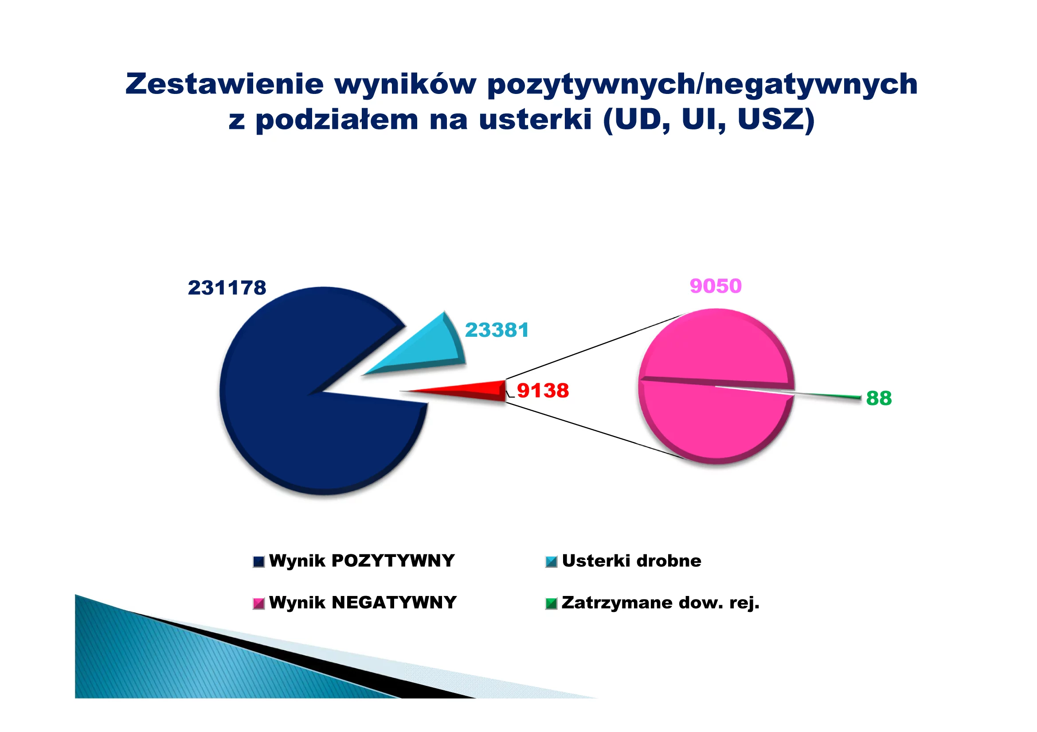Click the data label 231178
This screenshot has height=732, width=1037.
227,288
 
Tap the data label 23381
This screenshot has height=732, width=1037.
497,330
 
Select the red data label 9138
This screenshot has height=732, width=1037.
543,390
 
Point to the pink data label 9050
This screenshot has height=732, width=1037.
716,286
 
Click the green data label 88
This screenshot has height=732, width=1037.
879,398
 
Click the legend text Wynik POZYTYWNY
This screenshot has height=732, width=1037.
362,561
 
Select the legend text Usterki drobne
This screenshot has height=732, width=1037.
631,561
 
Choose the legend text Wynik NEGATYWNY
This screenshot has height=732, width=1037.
363,603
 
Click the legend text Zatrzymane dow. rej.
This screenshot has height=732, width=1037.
661,603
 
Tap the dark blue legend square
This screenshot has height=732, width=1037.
259,561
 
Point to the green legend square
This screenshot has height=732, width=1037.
552,604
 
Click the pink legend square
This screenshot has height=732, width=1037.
259,604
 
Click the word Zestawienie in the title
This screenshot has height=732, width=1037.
224,84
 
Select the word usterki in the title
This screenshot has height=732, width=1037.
535,120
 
